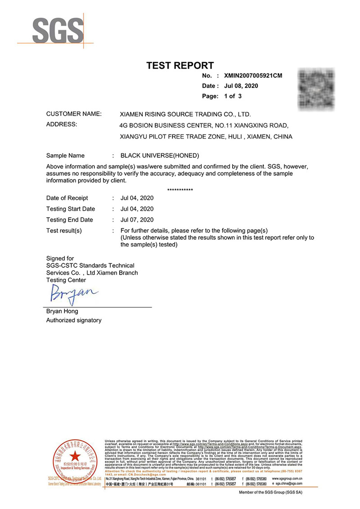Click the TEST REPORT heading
pos(180,66)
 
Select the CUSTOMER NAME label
pos(74,114)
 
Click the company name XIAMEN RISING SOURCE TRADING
pos(183,114)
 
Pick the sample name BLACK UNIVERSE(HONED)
pos(160,156)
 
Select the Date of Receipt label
pos(67,198)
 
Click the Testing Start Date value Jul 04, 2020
pos(137,209)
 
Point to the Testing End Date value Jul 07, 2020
pos(137,220)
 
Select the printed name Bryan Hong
pos(62,311)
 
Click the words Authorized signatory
pos(74,320)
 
